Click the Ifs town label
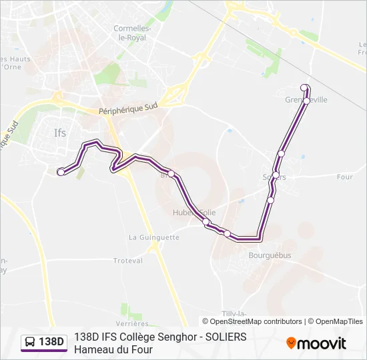(x=60, y=133)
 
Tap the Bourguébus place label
(x=270, y=255)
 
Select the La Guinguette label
(x=154, y=237)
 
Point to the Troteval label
(x=129, y=261)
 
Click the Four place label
(x=344, y=177)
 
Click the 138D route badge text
(x=51, y=342)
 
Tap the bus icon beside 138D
(x=31, y=342)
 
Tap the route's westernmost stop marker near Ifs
(x=61, y=172)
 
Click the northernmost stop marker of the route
(x=304, y=87)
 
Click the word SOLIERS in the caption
(x=226, y=337)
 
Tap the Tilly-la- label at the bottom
(x=232, y=313)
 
